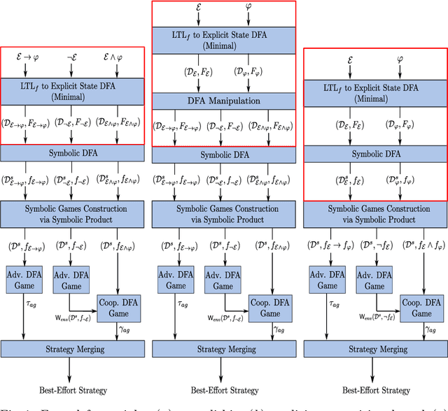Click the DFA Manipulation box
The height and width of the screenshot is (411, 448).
click(224, 101)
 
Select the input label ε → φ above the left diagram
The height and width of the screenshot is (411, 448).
click(25, 55)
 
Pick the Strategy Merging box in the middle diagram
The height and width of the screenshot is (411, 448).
click(224, 349)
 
